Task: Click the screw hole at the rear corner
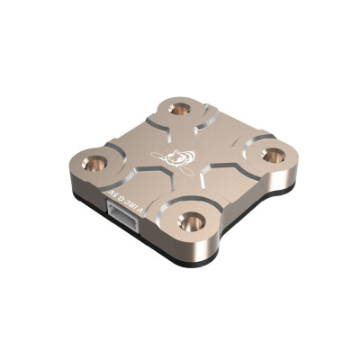tap(181, 109)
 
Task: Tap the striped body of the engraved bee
tap(185, 160)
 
